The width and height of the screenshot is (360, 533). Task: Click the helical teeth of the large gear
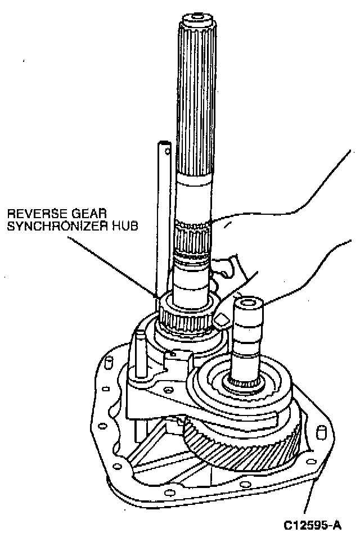242,444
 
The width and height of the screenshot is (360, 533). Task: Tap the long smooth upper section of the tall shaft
195,112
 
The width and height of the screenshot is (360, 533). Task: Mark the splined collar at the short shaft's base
244,383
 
